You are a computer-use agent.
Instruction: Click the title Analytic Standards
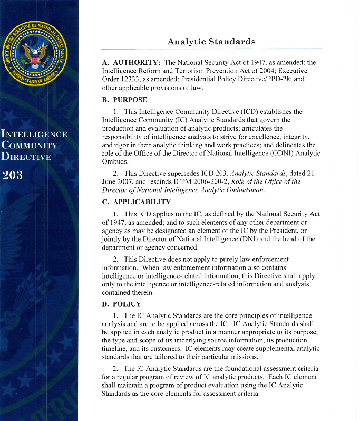click(x=211, y=41)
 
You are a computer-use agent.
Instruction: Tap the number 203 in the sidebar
click(x=13, y=175)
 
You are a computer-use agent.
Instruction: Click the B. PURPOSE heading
click(x=124, y=100)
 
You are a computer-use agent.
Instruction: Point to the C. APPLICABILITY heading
click(x=137, y=202)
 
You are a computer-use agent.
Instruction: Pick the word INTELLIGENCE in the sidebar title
click(x=34, y=133)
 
